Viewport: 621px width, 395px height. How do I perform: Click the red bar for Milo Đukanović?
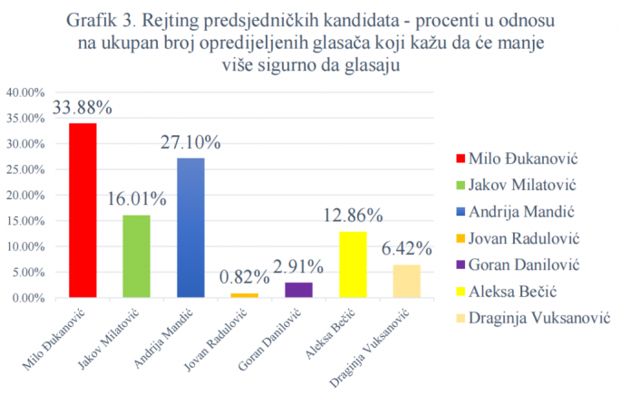tap(82, 210)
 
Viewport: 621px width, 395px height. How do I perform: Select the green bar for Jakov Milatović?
tap(136, 256)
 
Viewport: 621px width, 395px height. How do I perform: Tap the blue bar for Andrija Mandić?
tap(190, 227)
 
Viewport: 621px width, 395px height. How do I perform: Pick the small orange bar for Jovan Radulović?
tap(245, 295)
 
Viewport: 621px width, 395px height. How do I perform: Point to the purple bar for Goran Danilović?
tap(298, 290)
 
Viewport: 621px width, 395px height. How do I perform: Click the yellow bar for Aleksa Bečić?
tap(353, 265)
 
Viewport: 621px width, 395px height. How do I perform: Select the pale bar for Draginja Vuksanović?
tap(406, 281)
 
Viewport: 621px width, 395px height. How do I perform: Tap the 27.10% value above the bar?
tap(190, 143)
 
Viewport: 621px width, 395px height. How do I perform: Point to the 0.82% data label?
tap(245, 277)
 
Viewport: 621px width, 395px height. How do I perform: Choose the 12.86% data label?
tap(353, 216)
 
